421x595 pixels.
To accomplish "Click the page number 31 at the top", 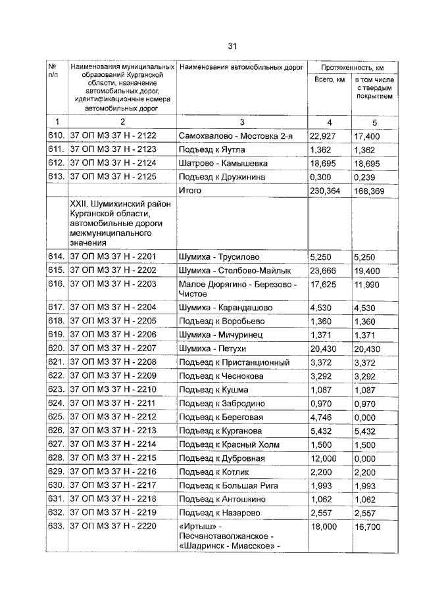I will (232, 45).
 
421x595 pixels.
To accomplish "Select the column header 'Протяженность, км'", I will (353, 68).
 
